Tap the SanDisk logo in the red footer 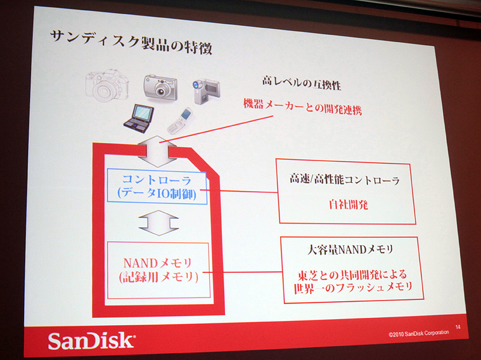coord(91,341)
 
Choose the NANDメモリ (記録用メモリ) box coord(158,269)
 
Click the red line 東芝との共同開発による coord(350,276)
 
